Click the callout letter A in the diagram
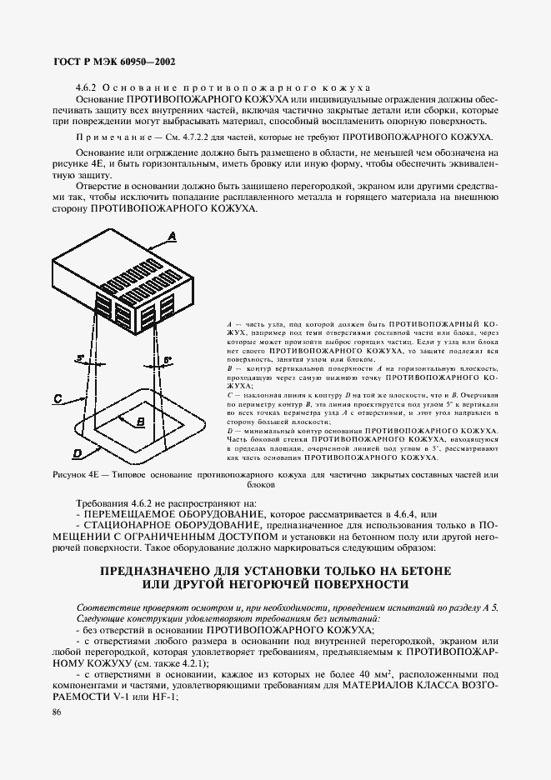173,237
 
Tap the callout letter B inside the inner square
140,422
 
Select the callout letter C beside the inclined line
59,399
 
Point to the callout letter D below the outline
77,453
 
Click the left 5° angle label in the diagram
81,358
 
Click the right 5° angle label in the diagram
167,359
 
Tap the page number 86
57,712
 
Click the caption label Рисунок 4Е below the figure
80,474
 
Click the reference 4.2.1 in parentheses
190,661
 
